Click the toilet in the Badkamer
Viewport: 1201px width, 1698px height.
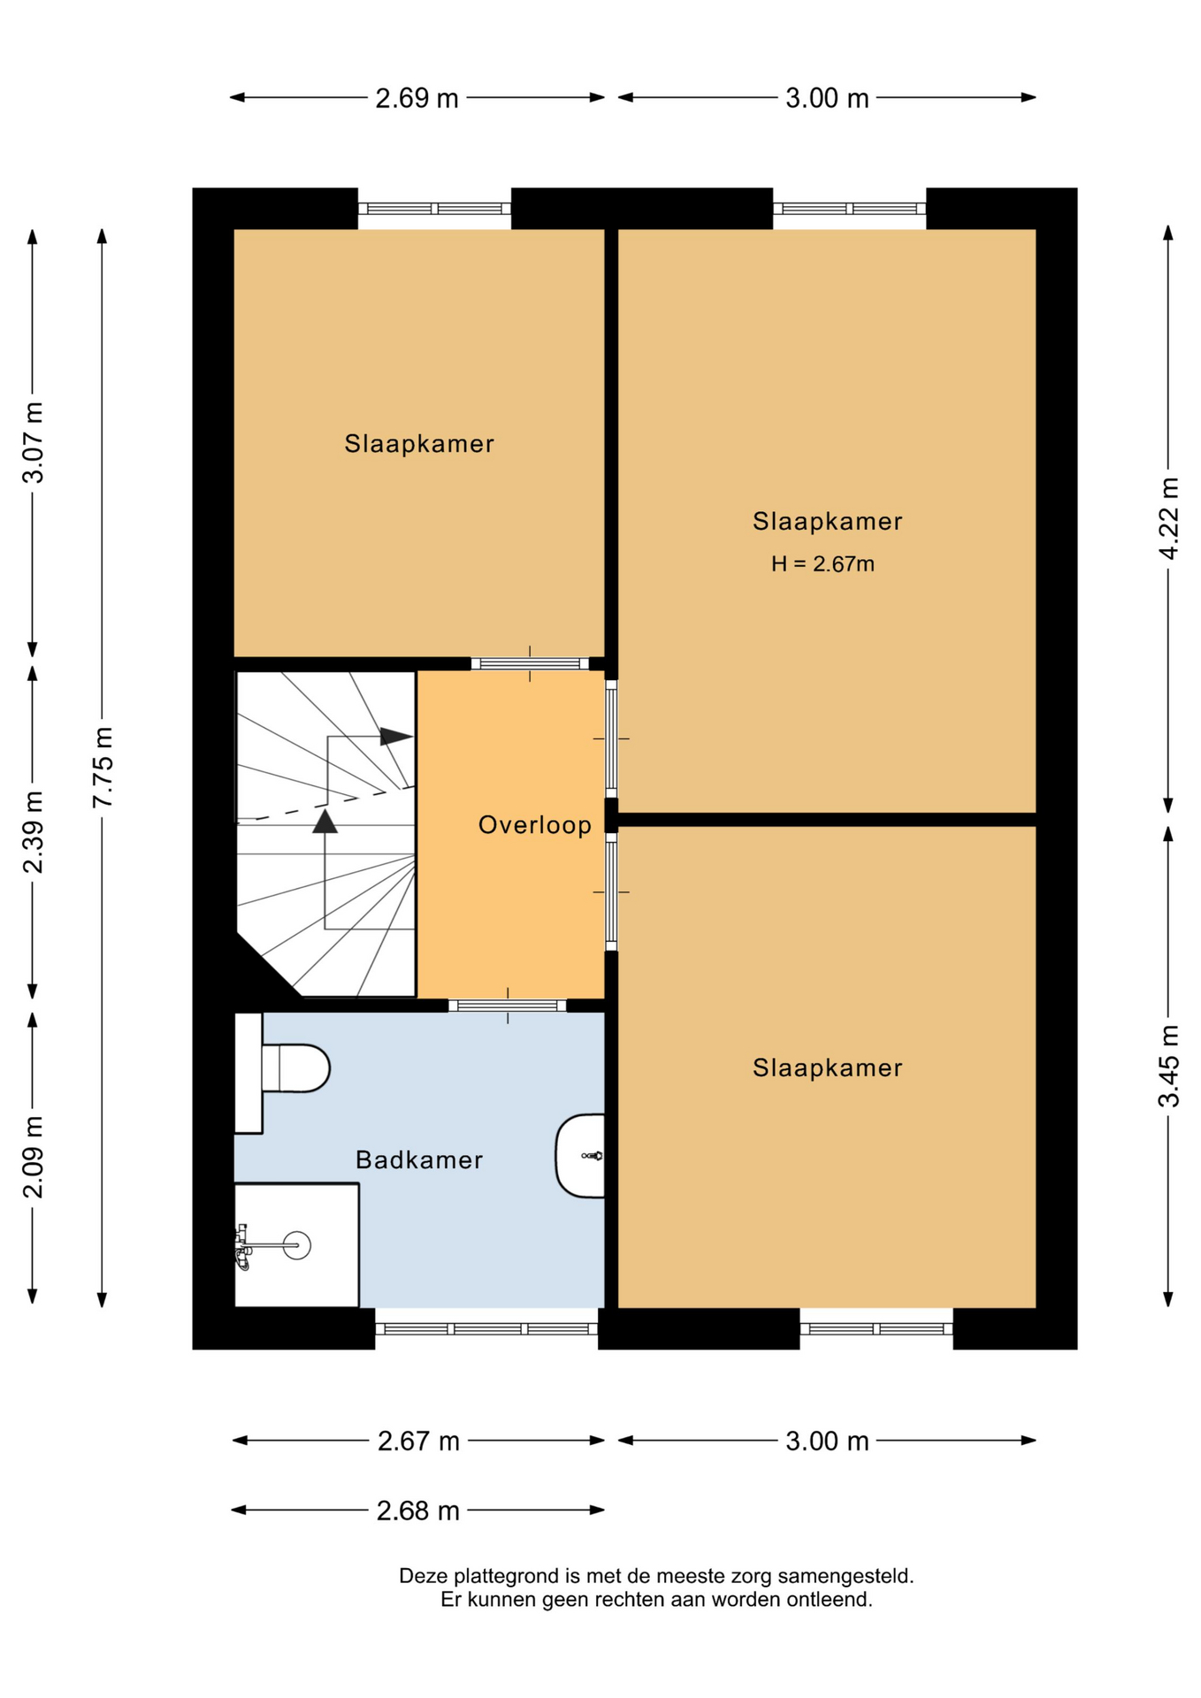pos(283,1071)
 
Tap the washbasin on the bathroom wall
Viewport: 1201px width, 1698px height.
pos(581,1155)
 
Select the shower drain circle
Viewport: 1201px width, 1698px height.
pos(297,1245)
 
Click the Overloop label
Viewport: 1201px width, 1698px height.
pos(535,825)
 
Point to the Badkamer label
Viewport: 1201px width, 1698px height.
pos(419,1159)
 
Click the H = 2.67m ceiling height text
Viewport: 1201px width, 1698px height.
pos(822,563)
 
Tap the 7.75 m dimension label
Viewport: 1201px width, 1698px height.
pos(103,767)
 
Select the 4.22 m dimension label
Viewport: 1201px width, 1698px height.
pos(1168,518)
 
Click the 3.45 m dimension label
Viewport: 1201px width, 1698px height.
pos(1168,1066)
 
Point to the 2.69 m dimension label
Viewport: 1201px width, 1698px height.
pos(417,98)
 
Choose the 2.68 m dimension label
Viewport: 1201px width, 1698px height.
pos(417,1511)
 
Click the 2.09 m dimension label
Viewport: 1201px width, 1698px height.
pos(33,1158)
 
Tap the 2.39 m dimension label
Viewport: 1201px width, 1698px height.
pos(33,832)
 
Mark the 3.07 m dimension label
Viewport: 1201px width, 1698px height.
pos(33,443)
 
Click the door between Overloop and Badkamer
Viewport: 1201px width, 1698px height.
pos(508,1006)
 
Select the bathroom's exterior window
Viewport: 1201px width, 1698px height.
pos(487,1328)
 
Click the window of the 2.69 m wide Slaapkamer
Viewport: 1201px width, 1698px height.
pos(434,209)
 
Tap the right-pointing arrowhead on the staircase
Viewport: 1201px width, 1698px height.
pos(396,736)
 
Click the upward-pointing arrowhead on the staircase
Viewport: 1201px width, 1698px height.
pos(325,822)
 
